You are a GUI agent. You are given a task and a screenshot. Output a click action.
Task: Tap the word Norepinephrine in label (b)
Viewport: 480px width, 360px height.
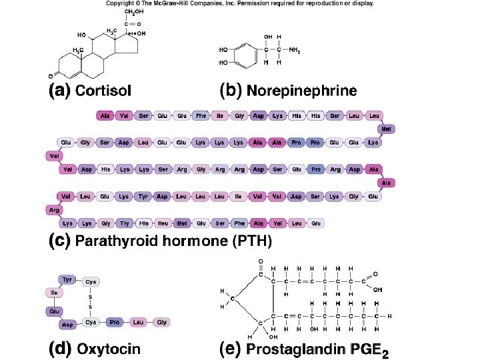[x=301, y=91]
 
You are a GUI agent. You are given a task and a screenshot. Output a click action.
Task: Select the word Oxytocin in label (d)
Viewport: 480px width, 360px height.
[x=109, y=348]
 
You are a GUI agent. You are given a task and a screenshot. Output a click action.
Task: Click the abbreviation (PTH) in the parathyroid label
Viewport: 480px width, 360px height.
[x=251, y=241]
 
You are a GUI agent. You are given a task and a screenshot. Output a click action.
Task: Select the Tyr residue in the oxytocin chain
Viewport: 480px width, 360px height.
[x=67, y=279]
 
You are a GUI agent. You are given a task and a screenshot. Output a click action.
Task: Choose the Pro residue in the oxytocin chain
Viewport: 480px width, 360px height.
[x=115, y=322]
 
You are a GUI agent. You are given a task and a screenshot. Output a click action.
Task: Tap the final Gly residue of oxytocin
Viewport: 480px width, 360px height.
[x=160, y=322]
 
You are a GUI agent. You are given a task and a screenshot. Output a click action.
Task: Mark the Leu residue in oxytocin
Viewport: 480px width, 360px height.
[x=138, y=322]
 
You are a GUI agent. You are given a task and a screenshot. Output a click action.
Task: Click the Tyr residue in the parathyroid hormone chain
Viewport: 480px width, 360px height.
[x=143, y=196]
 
